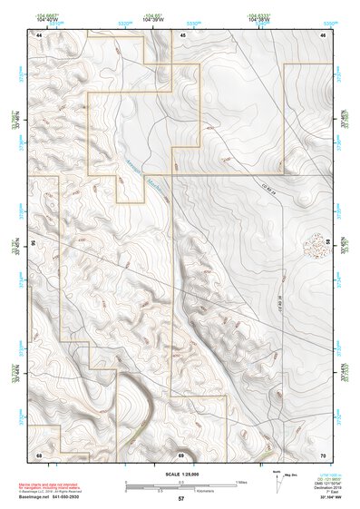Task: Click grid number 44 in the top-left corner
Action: (x=39, y=34)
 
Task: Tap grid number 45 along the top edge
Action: (x=181, y=34)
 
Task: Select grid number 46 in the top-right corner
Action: (x=323, y=34)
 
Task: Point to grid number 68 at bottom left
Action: (x=39, y=454)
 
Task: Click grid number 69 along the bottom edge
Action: (x=181, y=454)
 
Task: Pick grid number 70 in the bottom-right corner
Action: (x=323, y=454)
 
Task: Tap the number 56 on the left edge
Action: (x=34, y=243)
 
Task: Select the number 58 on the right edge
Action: (x=327, y=243)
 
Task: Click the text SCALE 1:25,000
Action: (x=180, y=475)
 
